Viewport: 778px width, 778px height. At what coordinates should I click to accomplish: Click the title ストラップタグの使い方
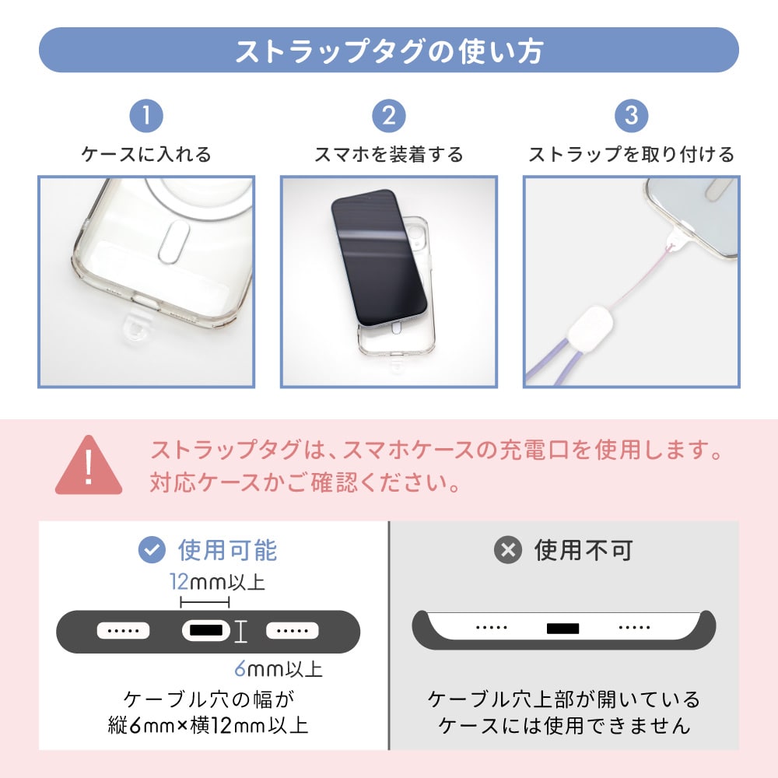click(389, 51)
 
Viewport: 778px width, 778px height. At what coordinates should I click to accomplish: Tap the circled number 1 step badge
click(146, 116)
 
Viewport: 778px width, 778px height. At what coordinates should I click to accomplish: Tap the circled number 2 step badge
click(389, 116)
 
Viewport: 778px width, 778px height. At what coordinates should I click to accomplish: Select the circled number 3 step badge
click(631, 116)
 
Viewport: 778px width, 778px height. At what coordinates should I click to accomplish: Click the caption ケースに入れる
click(146, 154)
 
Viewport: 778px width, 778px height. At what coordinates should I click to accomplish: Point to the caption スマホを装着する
click(389, 154)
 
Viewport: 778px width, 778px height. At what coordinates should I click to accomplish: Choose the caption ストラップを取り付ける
click(631, 154)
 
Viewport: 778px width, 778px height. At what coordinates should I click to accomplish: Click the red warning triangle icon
click(89, 466)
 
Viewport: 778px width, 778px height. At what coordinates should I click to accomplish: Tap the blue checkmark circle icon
click(152, 550)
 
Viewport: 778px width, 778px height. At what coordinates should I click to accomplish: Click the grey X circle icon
click(507, 550)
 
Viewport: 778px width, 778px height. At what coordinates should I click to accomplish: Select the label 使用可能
click(228, 550)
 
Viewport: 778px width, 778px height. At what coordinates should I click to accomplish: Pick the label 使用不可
click(583, 550)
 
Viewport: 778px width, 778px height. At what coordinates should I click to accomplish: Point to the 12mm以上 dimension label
click(217, 581)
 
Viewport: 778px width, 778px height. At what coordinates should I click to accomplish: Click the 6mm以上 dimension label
click(279, 669)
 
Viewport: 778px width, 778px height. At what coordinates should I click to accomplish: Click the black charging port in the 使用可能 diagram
click(206, 631)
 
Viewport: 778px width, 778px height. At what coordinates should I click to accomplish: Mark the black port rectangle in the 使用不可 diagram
click(562, 629)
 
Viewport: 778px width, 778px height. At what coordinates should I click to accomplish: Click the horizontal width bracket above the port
click(205, 602)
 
